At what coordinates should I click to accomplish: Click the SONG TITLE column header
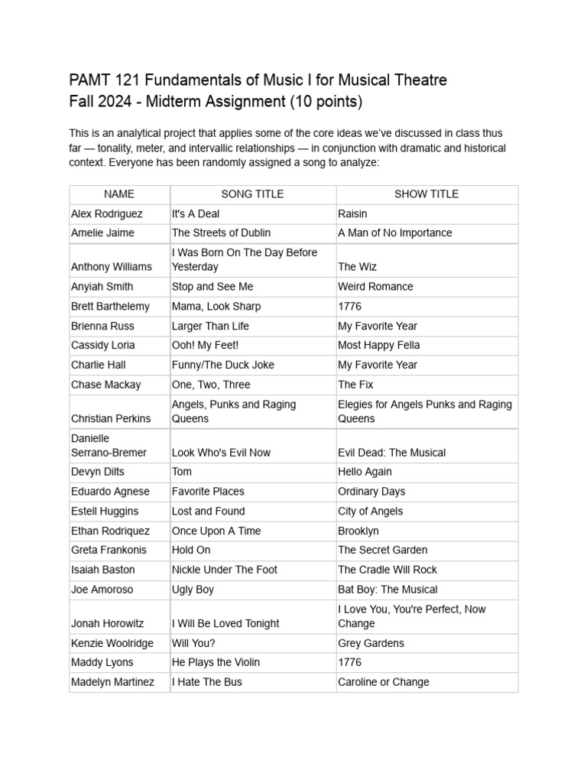pos(252,194)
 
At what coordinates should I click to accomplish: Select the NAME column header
pos(119,194)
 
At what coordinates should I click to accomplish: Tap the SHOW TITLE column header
pos(426,194)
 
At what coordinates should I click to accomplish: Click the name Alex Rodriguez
pos(107,214)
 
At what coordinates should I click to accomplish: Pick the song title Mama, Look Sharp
pos(216,306)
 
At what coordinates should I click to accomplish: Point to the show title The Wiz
pos(357,267)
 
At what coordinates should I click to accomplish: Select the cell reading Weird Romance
pos(375,287)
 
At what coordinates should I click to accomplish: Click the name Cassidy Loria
pos(103,345)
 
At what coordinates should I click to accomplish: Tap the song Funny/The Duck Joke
pos(223,365)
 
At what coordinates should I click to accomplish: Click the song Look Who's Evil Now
pos(221,452)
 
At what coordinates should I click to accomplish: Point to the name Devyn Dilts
pos(98,472)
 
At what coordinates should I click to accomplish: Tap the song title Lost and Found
pos(209,511)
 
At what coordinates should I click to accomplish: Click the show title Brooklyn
pos(358,531)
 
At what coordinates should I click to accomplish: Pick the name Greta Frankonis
pos(109,550)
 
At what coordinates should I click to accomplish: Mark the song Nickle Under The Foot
pos(225,570)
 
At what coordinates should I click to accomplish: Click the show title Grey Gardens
pos(371,643)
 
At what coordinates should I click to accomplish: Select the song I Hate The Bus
pos(206,682)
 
